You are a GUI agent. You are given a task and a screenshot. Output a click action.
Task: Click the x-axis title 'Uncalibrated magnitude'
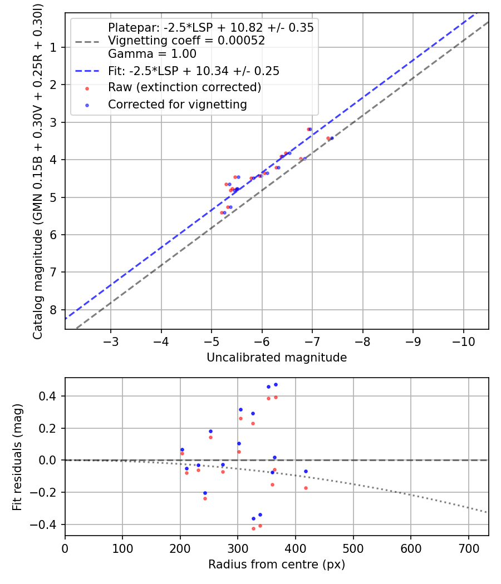pos(277,358)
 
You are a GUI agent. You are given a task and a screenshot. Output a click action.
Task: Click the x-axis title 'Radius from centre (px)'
pos(277,565)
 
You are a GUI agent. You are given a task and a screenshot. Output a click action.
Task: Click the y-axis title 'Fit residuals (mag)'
pos(17,457)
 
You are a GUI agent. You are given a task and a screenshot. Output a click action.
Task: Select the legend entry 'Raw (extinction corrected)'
pos(184,87)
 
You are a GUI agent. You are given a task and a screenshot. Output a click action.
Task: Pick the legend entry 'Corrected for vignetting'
pos(177,105)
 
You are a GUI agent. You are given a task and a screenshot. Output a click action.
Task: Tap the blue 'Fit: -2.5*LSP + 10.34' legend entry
pos(193,71)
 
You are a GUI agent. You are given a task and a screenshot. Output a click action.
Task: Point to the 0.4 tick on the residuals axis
pos(51,396)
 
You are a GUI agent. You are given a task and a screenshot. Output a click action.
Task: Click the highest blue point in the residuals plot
pos(276,384)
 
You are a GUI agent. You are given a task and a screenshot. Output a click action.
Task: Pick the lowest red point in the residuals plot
pos(253,528)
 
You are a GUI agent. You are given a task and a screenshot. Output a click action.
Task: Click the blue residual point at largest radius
pos(306,471)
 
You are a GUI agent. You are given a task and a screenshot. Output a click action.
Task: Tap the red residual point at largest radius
pos(306,488)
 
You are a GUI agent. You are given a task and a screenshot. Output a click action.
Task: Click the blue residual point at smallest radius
pos(182,449)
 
